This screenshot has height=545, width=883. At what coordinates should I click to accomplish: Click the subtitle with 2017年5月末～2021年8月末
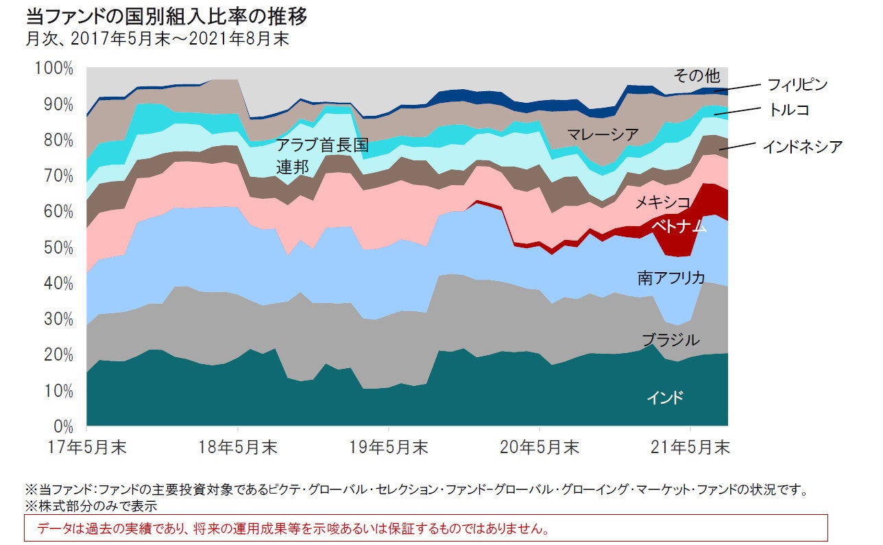click(x=157, y=39)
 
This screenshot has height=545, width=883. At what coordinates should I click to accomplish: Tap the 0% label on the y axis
click(x=64, y=426)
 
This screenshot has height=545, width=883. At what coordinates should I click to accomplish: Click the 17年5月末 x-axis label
click(x=88, y=448)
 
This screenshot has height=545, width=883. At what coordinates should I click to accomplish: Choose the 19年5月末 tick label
click(x=389, y=448)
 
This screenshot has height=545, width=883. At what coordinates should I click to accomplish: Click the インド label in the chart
click(x=665, y=398)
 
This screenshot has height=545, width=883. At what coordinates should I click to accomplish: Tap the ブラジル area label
click(x=670, y=339)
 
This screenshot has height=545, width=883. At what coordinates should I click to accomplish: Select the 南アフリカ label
click(x=671, y=278)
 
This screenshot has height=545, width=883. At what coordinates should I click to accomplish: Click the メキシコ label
click(x=663, y=202)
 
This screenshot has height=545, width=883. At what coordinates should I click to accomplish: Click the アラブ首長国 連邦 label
click(x=322, y=155)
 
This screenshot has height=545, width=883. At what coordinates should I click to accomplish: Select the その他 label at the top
click(x=697, y=75)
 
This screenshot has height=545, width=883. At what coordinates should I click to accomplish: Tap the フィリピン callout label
click(x=797, y=85)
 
